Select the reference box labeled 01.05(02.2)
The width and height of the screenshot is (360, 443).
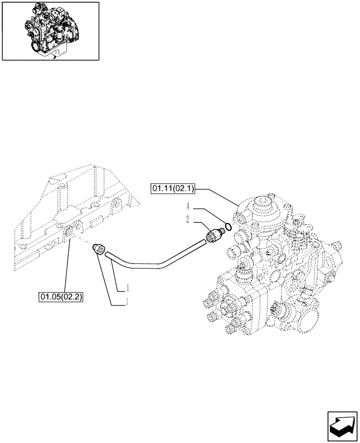61,295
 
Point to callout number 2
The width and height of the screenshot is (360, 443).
188,219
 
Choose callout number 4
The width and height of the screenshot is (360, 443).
188,206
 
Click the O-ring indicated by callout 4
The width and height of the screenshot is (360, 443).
227,227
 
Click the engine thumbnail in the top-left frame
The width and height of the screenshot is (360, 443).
50,31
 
